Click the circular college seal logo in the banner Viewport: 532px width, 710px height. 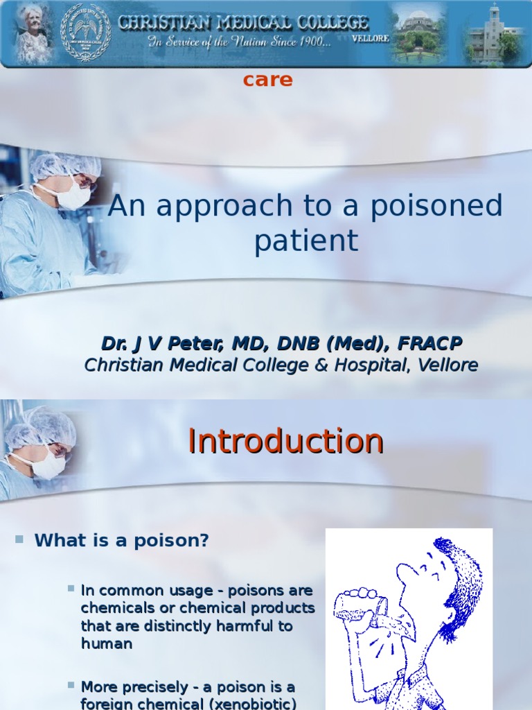tap(85, 32)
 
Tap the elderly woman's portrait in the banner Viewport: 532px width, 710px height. tap(31, 33)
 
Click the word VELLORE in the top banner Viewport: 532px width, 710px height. tap(370, 39)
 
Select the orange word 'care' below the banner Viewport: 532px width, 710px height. tap(267, 80)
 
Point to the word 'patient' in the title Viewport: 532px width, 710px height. tap(305, 241)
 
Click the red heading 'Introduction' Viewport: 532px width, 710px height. tap(285, 441)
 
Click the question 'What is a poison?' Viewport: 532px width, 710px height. tap(122, 541)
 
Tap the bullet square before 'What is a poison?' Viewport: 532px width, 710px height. tap(19, 539)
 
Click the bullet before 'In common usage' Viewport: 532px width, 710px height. tap(71, 589)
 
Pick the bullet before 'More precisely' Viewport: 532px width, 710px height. tap(71, 685)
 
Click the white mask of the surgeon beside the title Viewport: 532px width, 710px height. tap(72, 193)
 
